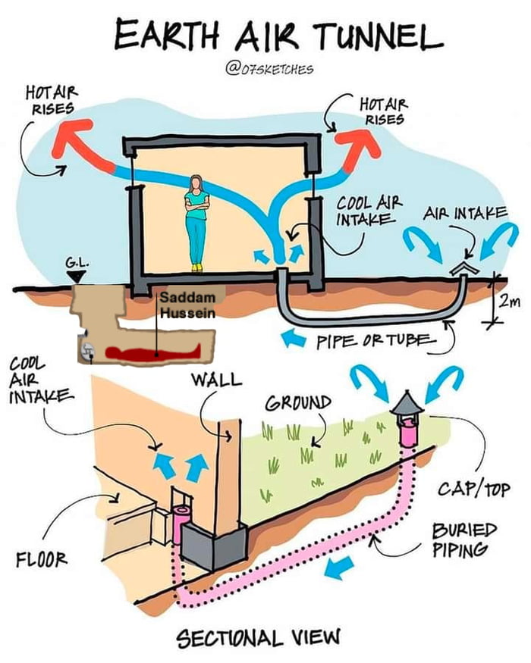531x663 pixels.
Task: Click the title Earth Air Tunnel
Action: pos(277,34)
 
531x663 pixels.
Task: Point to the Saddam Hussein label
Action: pos(187,304)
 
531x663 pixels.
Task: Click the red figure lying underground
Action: pos(152,350)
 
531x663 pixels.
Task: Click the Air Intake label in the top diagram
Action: pos(465,213)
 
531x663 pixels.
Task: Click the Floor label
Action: pos(42,559)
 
